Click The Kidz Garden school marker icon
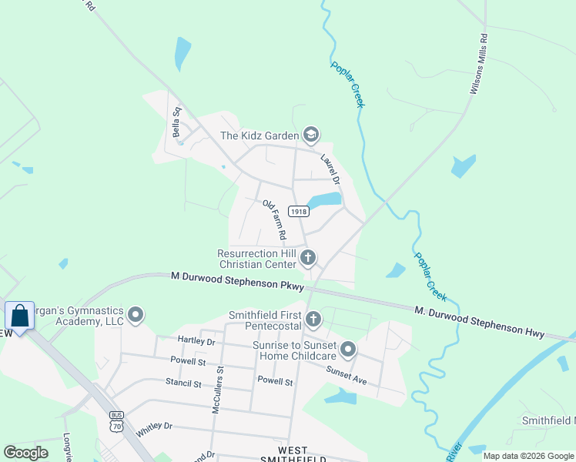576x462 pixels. pos(310,136)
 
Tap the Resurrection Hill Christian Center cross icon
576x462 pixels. pos(308,257)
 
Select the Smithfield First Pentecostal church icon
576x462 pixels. pos(313,319)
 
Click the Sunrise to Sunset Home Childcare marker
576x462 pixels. pos(348,351)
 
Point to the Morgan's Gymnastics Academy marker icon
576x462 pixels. pos(136,314)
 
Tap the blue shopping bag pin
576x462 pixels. pos(19,316)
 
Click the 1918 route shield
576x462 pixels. pos(299,211)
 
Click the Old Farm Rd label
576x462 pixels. pos(275,219)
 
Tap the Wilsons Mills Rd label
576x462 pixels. pos(478,64)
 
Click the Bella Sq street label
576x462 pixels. pos(178,122)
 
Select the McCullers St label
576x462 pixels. pos(218,390)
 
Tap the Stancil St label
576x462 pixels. pos(183,382)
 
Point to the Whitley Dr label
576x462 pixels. pos(154,430)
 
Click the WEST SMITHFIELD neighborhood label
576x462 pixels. pos(295,454)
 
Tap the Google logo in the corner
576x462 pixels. pos(26,453)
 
